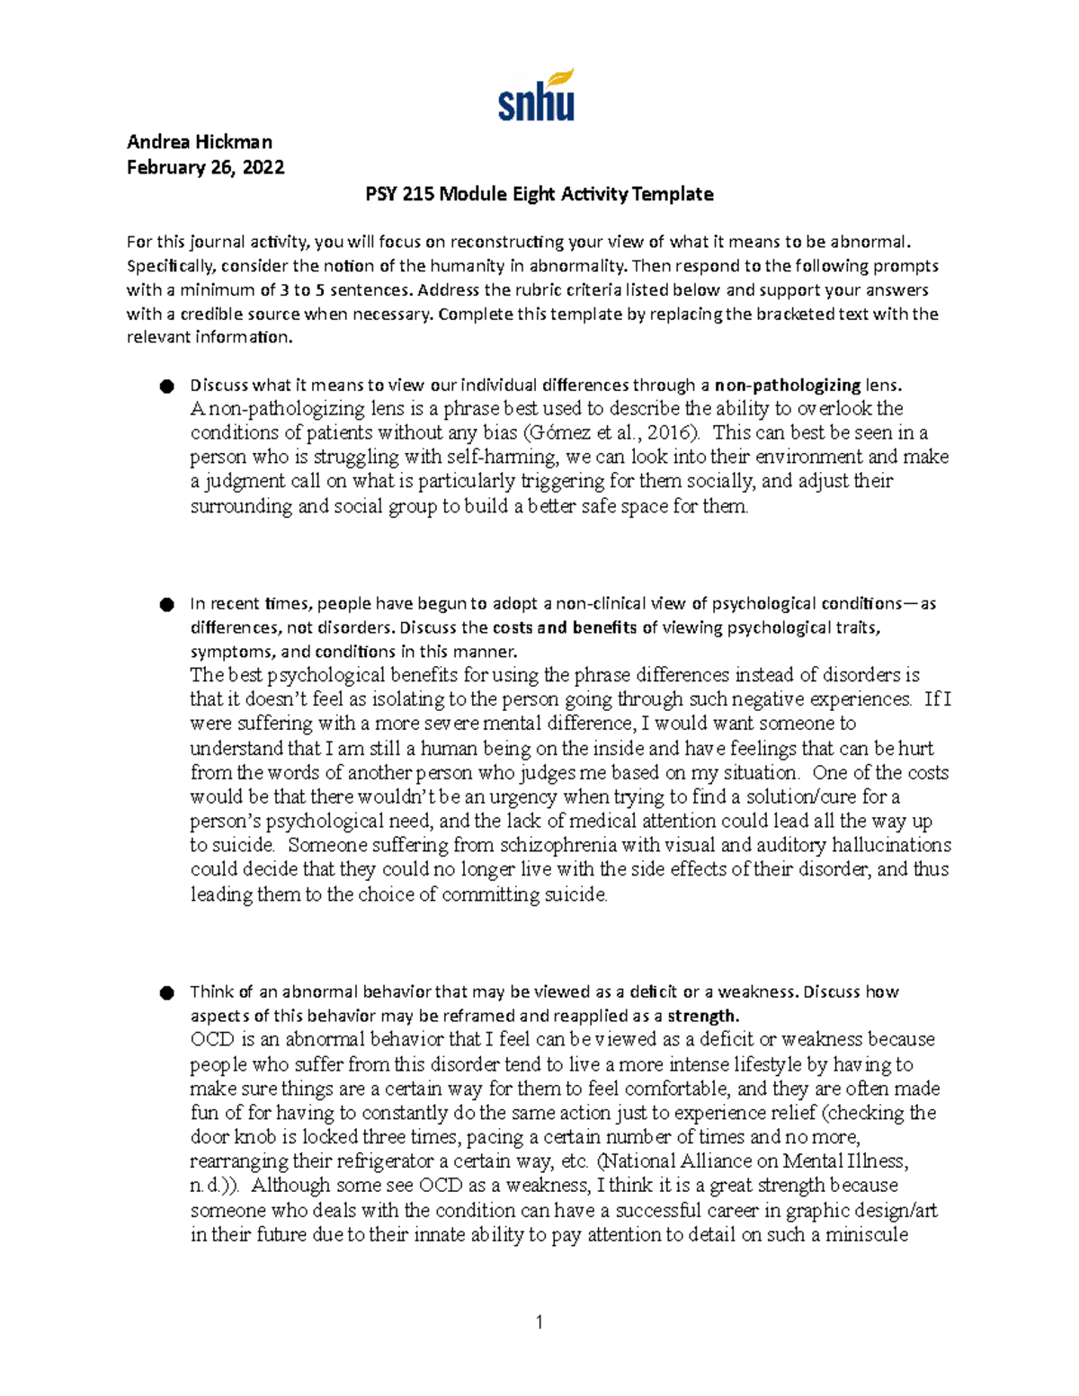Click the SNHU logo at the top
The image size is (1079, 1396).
pyautogui.click(x=536, y=95)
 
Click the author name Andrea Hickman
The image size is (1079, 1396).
pyautogui.click(x=199, y=142)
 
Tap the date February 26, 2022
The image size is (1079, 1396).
pyautogui.click(x=205, y=167)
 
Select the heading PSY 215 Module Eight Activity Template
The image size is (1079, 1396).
pyautogui.click(x=539, y=194)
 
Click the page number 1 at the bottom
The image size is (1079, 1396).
pyautogui.click(x=539, y=1321)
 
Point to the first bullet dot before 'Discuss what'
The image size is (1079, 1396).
pyautogui.click(x=166, y=387)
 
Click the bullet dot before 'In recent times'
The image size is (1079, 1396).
pyautogui.click(x=166, y=604)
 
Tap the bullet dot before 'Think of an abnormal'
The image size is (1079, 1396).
pyautogui.click(x=166, y=992)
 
